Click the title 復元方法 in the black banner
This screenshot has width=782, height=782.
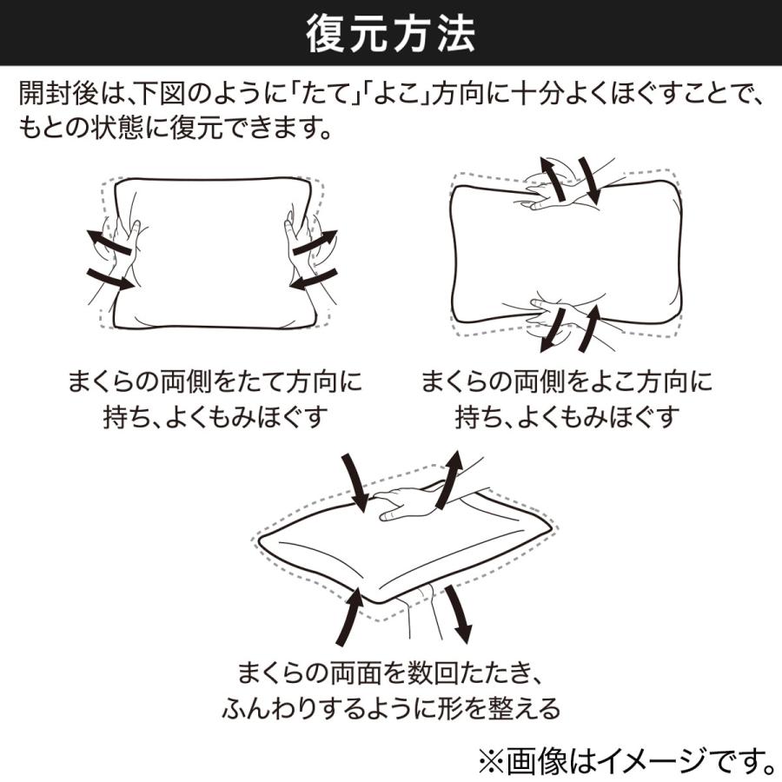[x=390, y=36]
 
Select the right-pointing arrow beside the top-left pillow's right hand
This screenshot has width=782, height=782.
[x=315, y=243]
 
